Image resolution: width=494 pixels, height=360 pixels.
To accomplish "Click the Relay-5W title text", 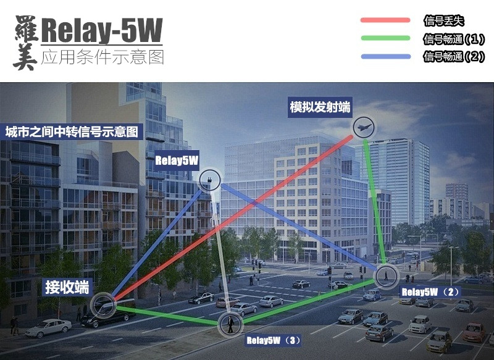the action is [102, 29].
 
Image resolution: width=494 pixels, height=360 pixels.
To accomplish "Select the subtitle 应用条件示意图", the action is [102, 57].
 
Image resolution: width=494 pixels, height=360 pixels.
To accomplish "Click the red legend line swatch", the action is [385, 20].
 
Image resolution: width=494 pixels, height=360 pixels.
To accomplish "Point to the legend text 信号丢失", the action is [443, 20].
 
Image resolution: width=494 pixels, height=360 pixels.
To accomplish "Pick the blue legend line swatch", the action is [385, 57].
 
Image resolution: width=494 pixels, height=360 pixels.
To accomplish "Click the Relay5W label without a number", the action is [177, 161].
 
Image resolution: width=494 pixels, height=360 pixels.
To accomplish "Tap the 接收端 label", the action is [66, 287].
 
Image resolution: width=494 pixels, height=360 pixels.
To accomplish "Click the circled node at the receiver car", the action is [103, 304].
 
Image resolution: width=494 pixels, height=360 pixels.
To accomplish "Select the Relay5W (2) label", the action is [430, 291].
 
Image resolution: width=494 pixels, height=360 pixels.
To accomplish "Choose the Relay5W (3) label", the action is [274, 340].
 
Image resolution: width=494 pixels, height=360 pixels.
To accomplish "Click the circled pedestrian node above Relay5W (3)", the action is [230, 323].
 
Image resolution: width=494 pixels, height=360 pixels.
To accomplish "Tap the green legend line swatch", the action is [385, 38].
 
